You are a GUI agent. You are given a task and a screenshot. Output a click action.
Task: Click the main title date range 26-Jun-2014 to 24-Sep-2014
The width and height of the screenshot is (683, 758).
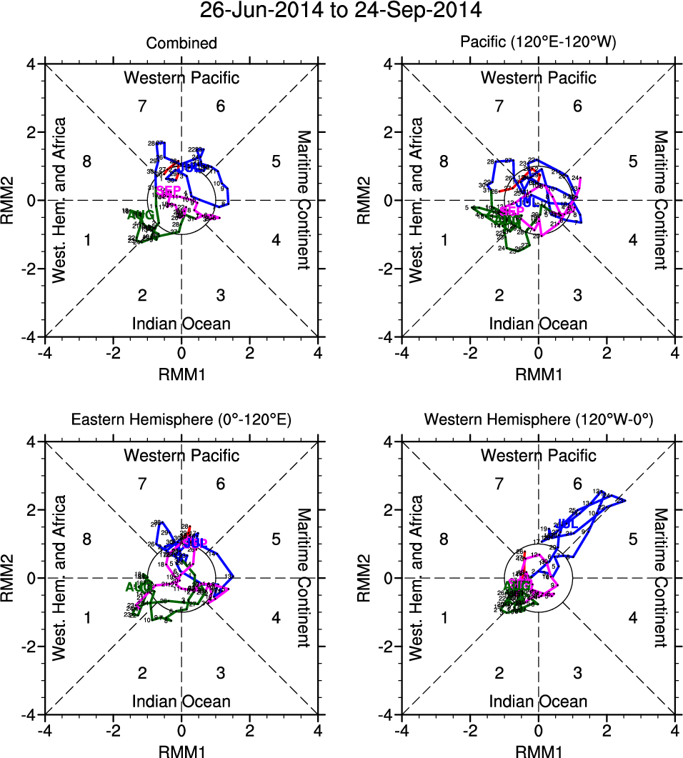341,11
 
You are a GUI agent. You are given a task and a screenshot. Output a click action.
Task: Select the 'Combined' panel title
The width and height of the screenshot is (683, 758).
181,44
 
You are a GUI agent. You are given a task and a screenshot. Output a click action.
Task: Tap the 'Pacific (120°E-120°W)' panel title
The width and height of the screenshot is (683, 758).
538,44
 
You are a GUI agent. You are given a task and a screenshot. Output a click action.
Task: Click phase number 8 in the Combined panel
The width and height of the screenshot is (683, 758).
87,161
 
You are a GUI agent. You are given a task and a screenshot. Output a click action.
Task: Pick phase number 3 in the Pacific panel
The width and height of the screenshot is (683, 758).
577,295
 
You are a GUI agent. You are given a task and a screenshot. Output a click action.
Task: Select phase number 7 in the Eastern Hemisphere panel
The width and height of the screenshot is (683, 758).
142,484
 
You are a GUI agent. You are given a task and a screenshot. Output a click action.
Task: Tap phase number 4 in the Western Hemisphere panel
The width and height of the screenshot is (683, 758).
632,617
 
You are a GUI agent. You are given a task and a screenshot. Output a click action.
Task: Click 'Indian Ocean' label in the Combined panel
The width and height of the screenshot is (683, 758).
181,324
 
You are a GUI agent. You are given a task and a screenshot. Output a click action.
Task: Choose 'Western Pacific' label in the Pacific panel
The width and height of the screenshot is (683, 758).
538,77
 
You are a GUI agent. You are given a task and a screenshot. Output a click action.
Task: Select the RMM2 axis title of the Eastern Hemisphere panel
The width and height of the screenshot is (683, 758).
11,578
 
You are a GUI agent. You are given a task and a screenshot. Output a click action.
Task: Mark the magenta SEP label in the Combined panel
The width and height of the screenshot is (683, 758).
169,191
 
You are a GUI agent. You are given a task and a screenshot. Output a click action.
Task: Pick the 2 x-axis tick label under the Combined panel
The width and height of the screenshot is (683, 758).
250,352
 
